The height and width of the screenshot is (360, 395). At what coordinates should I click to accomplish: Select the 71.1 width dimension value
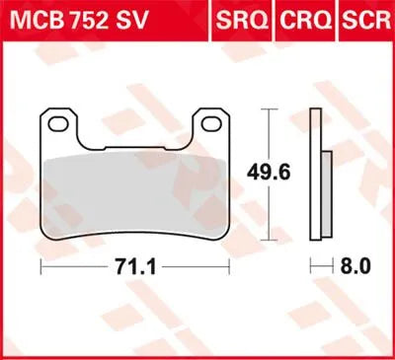(134, 267)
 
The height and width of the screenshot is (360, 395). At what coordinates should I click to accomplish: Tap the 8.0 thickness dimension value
(354, 267)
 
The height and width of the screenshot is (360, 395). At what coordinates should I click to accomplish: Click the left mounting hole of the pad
(61, 125)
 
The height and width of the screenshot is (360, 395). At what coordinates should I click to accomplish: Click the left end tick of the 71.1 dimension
(40, 267)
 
